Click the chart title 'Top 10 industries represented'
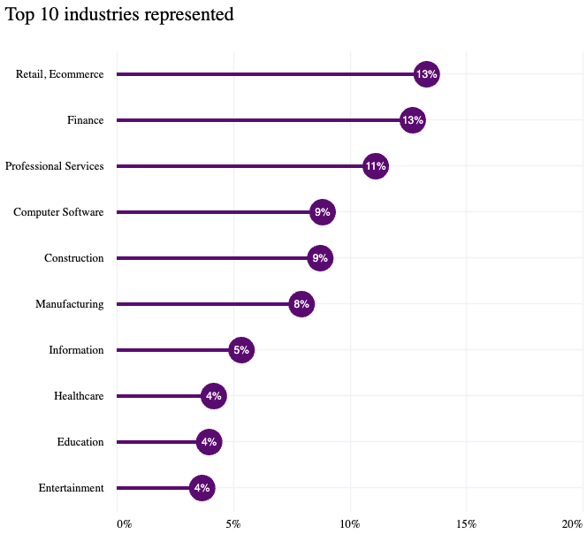pos(119,15)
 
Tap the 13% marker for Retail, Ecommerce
pos(427,74)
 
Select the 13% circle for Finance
pos(413,120)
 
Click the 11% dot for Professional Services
pos(376,166)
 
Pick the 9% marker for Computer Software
pos(323,212)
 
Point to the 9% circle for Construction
pos(320,258)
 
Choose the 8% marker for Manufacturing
pos(301,304)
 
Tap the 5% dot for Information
pos(241,350)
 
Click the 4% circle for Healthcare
pos(213,396)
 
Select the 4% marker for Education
pos(209,442)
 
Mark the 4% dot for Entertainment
pos(202,488)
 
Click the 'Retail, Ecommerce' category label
pos(59,74)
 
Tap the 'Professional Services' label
pos(54,166)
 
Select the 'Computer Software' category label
pos(58,212)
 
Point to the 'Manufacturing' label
pos(69,304)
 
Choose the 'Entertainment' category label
pos(71,488)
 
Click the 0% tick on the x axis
pos(124,523)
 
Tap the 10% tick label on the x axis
pos(350,523)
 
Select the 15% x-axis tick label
pos(466,523)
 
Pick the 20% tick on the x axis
pos(571,523)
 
